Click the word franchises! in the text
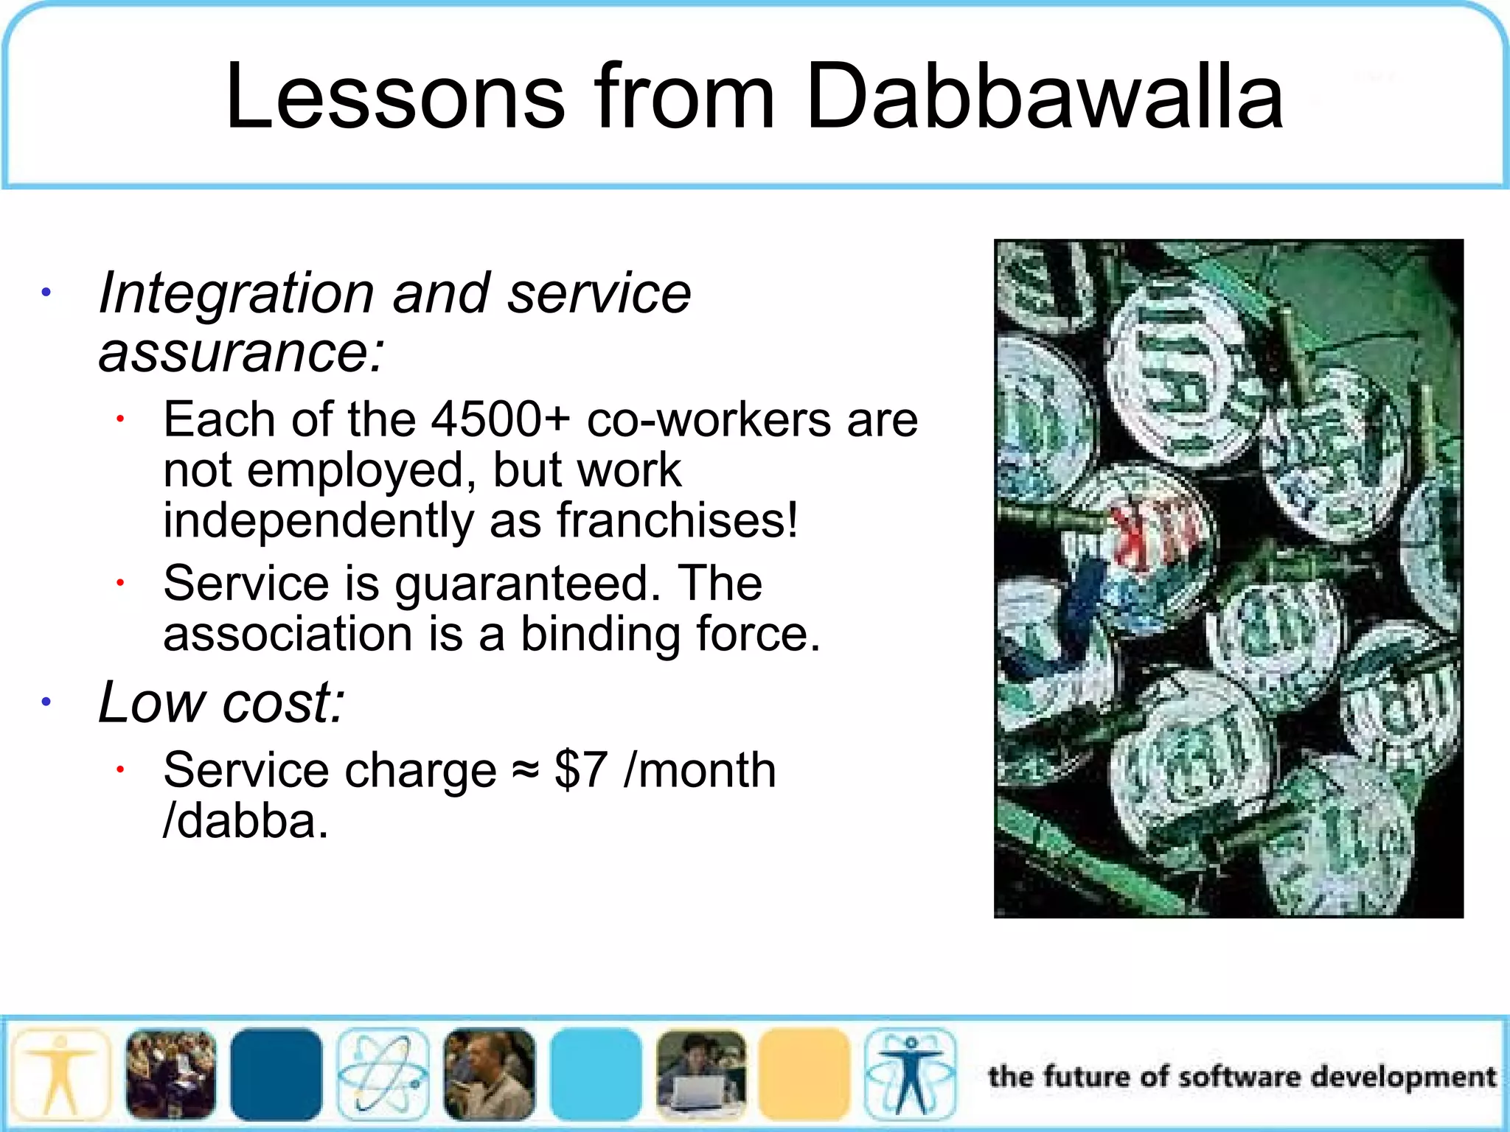click(677, 520)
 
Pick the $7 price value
click(581, 771)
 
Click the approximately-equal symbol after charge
click(525, 771)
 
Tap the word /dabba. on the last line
click(246, 821)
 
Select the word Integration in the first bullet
click(236, 293)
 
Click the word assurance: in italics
click(241, 352)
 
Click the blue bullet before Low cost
click(46, 702)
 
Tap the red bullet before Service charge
click(119, 770)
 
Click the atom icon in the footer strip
click(383, 1075)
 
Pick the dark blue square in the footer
click(276, 1075)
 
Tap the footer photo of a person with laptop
click(701, 1075)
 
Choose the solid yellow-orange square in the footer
click(804, 1075)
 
